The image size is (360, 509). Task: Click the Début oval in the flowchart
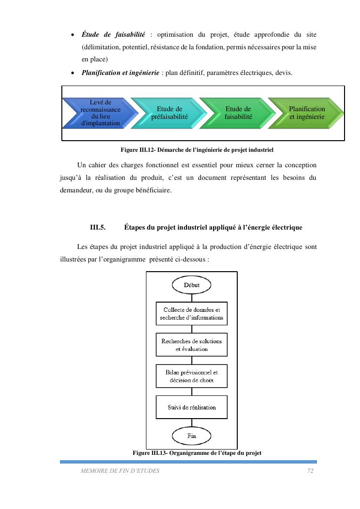[x=191, y=285]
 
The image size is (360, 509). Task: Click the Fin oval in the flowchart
[x=191, y=436]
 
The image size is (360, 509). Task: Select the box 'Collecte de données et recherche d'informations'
[x=191, y=314]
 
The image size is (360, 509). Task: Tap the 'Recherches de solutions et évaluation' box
[x=191, y=345]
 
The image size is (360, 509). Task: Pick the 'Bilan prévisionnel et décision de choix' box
[x=191, y=376]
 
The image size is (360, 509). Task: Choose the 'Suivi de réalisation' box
[x=191, y=407]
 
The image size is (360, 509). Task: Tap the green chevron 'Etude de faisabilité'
[x=237, y=113]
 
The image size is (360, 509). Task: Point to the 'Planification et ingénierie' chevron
[x=307, y=113]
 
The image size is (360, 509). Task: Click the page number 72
[x=310, y=471]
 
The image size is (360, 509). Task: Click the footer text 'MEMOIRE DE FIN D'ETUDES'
[x=120, y=471]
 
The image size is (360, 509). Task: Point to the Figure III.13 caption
[x=197, y=453]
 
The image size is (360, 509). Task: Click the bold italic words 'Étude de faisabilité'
[x=113, y=35]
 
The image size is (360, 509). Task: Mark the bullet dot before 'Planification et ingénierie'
[x=72, y=73]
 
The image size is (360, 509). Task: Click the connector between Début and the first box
[x=191, y=297]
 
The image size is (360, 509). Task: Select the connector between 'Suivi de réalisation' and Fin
[x=191, y=423]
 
